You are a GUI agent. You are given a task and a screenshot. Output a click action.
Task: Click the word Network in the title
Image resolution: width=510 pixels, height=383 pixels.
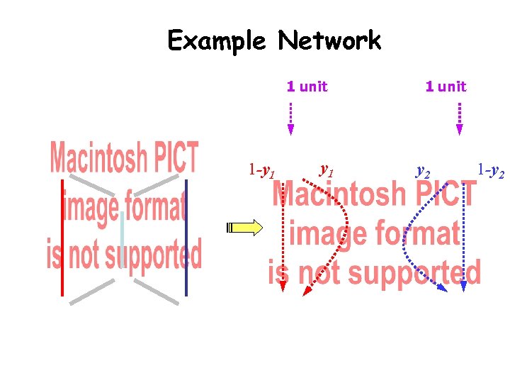point(329,40)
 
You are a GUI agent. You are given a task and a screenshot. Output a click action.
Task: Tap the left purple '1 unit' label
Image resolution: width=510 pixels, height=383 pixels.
point(307,87)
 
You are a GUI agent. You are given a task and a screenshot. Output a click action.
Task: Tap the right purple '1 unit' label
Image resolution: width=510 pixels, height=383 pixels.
point(446,87)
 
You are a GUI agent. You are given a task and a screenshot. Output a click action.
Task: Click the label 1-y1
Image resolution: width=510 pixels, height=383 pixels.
point(261,171)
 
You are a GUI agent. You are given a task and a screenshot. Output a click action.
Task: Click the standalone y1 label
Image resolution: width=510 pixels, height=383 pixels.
point(327,170)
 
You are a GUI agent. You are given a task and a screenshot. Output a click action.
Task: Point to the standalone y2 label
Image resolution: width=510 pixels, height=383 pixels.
point(422,171)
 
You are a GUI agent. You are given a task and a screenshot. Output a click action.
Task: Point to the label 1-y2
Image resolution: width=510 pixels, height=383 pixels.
point(490,171)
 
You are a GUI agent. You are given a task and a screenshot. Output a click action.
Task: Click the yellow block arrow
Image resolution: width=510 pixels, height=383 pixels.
point(244,228)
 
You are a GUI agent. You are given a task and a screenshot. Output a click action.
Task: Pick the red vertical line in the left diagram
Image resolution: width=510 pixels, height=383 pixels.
point(63,237)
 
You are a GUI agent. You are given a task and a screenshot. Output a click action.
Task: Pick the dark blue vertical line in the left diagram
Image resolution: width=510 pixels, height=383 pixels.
point(186,237)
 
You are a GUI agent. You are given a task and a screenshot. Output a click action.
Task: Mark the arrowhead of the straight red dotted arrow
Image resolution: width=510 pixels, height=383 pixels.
point(283,286)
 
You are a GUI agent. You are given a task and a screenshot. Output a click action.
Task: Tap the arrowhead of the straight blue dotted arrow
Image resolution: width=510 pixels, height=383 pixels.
point(463,286)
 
